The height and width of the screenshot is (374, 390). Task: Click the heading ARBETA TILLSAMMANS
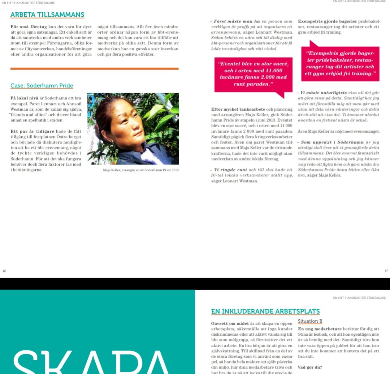pyautogui.click(x=47, y=15)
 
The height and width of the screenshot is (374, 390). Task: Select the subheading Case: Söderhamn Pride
pyautogui.click(x=42, y=86)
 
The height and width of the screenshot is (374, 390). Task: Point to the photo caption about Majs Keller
pyautogui.click(x=140, y=170)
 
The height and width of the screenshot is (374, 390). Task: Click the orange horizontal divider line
pyautogui.click(x=95, y=68)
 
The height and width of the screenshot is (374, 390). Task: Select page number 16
pyautogui.click(x=4, y=271)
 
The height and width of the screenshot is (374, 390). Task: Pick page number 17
pyautogui.click(x=386, y=271)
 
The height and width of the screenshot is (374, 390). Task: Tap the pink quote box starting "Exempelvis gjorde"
pyautogui.click(x=340, y=64)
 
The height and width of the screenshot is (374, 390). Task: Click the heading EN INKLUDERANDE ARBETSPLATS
pyautogui.click(x=265, y=311)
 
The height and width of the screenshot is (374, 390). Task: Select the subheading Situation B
pyautogui.click(x=310, y=321)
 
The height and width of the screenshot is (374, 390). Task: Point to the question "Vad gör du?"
pyautogui.click(x=309, y=367)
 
